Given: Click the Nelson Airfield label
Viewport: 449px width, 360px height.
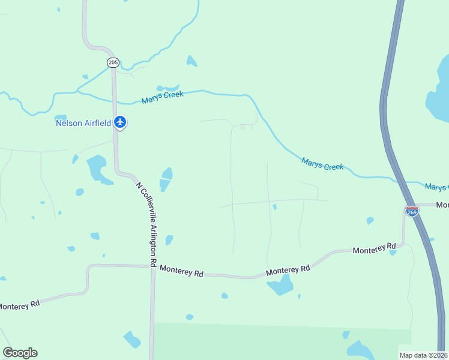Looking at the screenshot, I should click(83, 123).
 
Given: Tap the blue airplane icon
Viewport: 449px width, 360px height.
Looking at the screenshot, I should click(120, 122).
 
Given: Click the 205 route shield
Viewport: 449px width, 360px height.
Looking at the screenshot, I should click(113, 62).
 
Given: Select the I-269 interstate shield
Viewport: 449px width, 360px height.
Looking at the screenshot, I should click(412, 211).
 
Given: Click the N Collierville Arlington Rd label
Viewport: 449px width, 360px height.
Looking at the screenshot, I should click(146, 224).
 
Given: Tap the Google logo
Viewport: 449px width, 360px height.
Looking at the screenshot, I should click(20, 353).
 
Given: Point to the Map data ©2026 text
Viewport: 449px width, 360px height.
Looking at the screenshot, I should click(424, 355).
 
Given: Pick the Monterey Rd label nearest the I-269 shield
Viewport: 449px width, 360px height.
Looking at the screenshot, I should click(374, 248).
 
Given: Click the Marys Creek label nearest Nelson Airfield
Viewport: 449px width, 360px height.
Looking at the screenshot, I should click(162, 97).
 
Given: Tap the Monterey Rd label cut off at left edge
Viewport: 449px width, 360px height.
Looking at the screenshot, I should click(19, 305).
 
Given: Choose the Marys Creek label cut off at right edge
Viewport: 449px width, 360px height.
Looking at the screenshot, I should click(436, 188).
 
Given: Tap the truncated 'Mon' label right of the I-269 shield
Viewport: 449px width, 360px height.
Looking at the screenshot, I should click(442, 205).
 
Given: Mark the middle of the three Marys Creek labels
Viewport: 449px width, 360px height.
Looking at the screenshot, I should click(322, 163).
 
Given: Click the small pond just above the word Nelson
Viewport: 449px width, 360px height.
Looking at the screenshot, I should click(61, 117).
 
